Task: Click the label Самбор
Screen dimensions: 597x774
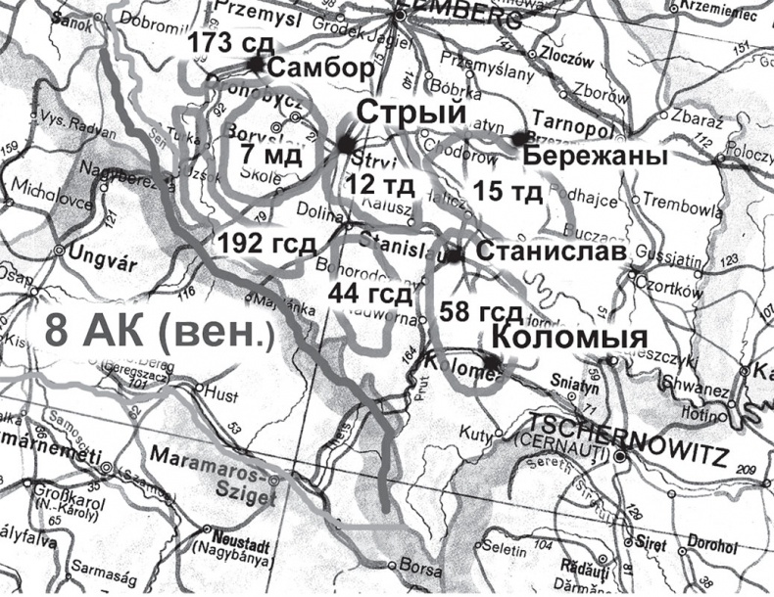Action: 320,69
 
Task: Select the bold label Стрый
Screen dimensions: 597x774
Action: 409,114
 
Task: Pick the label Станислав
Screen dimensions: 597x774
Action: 550,253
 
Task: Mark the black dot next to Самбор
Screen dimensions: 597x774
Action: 256,65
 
